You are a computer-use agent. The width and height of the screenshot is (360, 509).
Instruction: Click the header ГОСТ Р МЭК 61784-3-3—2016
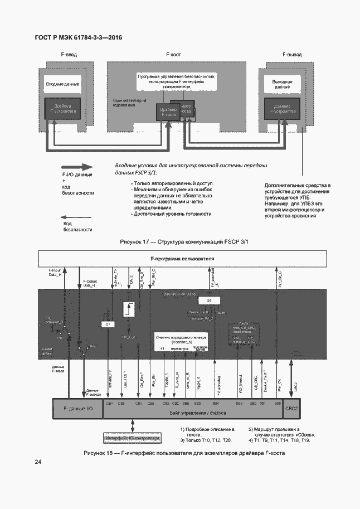point(78,37)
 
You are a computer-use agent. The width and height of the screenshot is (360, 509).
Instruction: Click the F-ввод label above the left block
point(68,55)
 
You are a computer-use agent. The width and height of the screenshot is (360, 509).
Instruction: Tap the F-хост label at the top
point(174,55)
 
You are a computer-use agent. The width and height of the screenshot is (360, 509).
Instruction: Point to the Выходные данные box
point(282,84)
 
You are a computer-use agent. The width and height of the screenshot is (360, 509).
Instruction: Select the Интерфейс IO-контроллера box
point(133,438)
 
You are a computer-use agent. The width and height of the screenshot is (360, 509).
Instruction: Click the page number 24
point(38,462)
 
